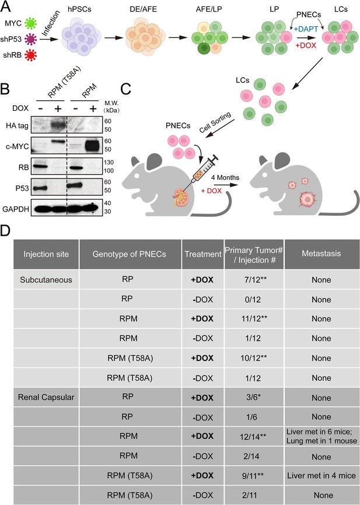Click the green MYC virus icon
coord(30,23)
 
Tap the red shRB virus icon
coord(31,55)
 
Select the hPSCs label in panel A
coord(79,9)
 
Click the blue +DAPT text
coord(306,29)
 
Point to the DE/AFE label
coord(144,9)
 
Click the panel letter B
coord(5,89)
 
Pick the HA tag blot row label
coord(17,125)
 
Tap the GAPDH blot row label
coord(16,209)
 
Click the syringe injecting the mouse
coord(202,170)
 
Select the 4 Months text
coord(225,177)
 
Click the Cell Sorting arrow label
coord(215,122)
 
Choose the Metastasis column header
coord(321,254)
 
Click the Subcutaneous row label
coord(46,280)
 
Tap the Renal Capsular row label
coord(46,398)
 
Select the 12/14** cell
coord(254,436)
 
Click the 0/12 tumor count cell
coord(253,300)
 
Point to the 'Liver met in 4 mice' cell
coord(321,476)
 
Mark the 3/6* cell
coord(253,398)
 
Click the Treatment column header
coord(202,254)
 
